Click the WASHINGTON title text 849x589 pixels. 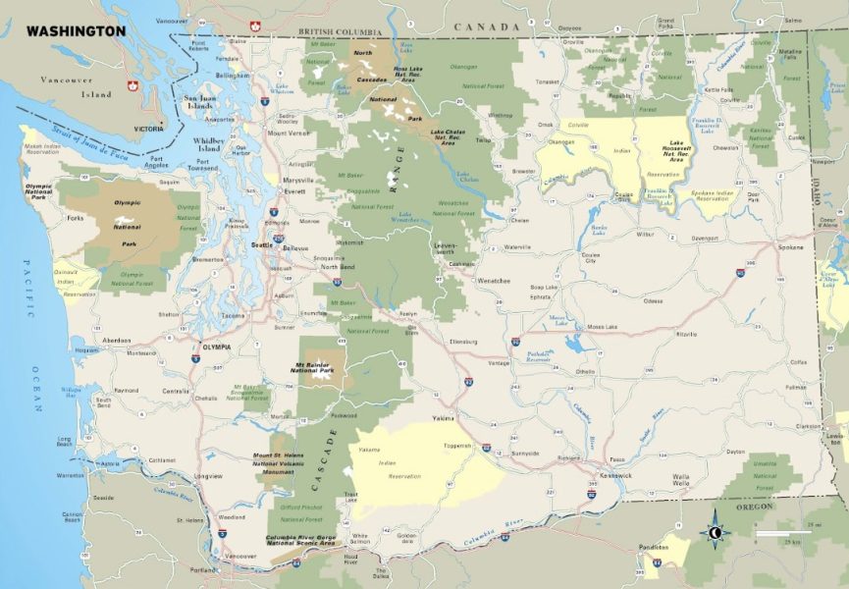tap(76, 30)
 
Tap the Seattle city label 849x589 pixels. tap(262, 244)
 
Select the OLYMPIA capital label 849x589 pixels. tap(216, 347)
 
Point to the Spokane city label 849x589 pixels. tap(790, 246)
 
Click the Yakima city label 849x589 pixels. tap(444, 417)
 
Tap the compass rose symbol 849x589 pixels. tap(715, 533)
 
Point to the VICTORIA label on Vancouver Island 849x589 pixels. tap(150, 129)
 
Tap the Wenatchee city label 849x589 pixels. tap(493, 281)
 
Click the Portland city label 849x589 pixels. tap(204, 569)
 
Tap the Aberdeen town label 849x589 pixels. tap(117, 340)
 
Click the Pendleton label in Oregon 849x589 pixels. tap(653, 547)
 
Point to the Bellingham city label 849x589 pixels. tap(233, 75)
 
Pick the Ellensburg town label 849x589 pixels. tap(462, 342)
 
